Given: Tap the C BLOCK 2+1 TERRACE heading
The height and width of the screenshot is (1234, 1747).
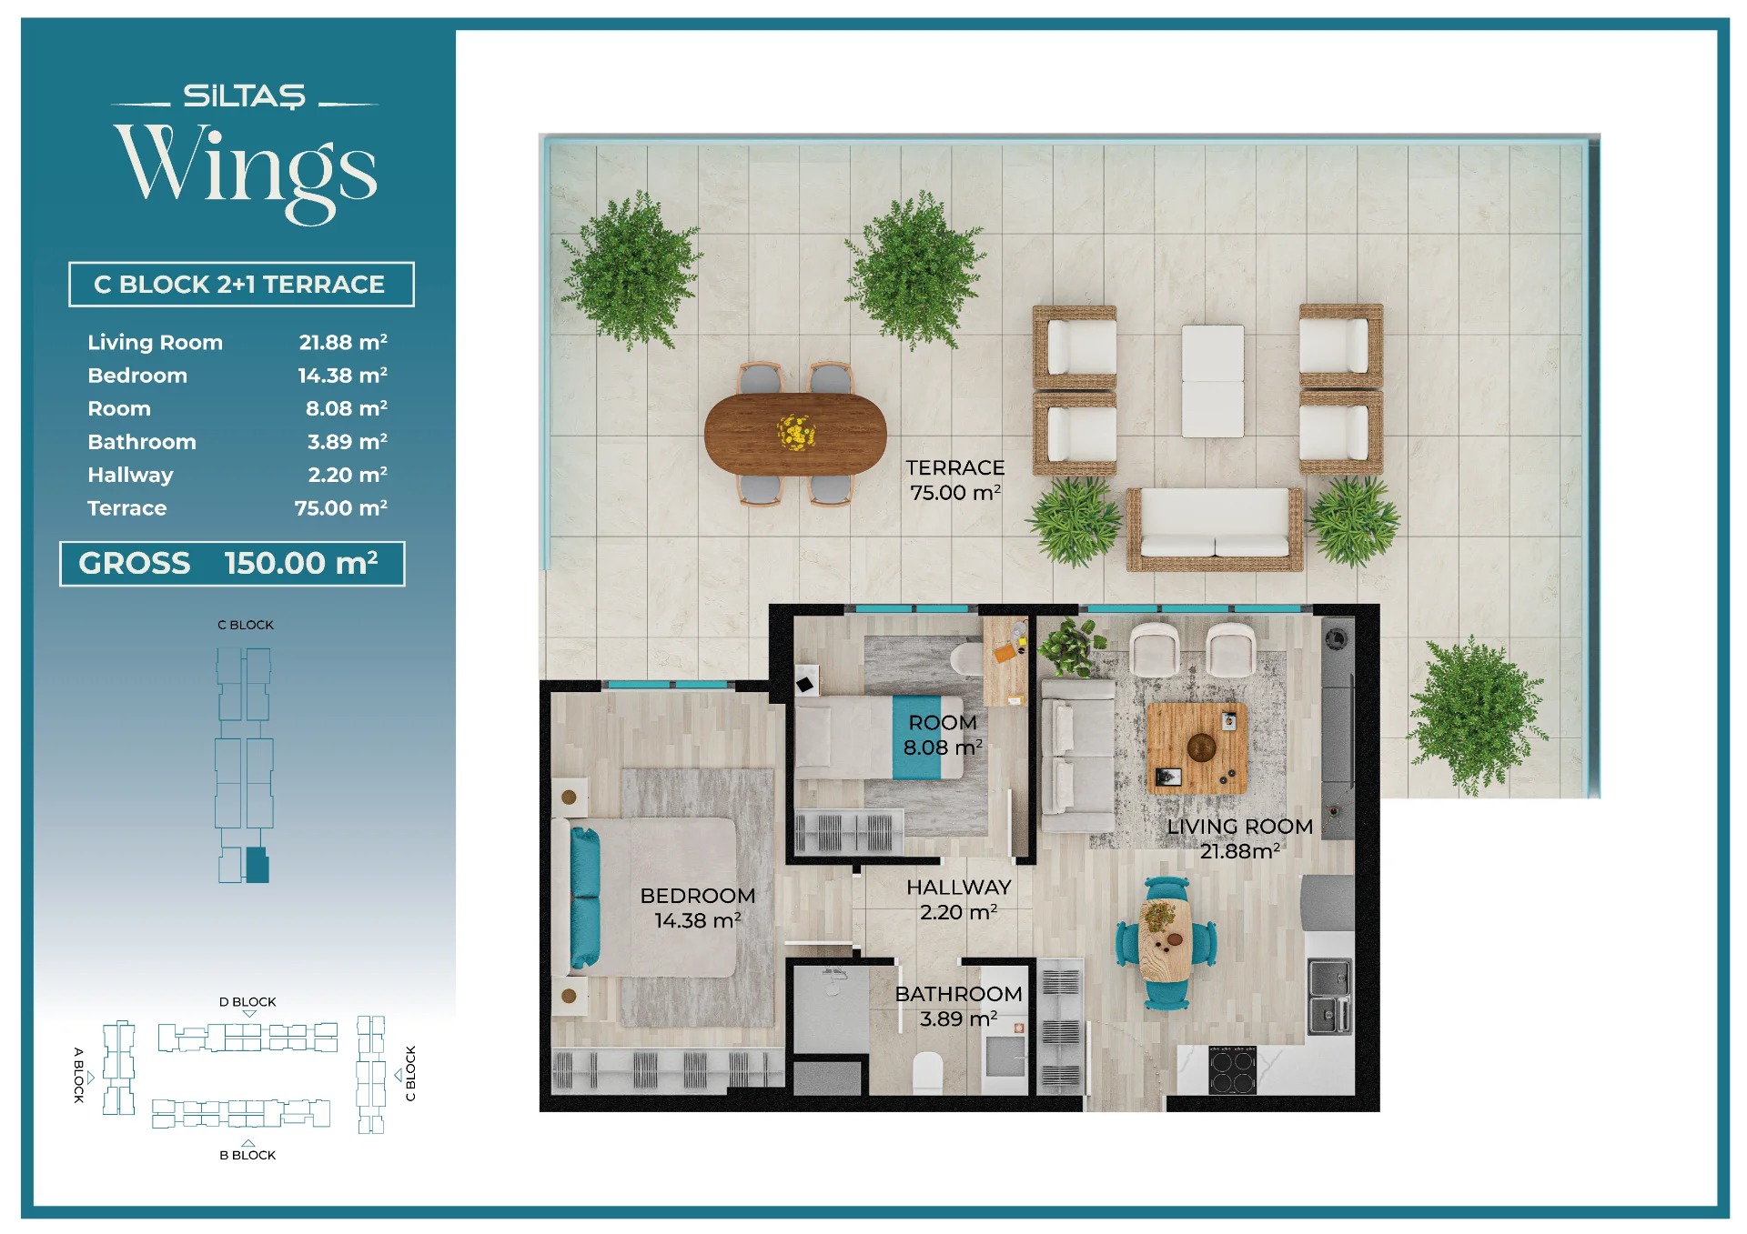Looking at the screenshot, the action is coord(240,285).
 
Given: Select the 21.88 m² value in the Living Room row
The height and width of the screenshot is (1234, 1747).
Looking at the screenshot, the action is coord(343,342).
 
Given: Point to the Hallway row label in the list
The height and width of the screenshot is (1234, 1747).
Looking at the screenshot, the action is coord(130,475).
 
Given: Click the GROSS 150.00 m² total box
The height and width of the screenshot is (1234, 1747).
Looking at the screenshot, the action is coord(232,564).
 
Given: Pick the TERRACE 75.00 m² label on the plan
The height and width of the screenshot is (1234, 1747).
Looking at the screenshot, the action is coord(955,480).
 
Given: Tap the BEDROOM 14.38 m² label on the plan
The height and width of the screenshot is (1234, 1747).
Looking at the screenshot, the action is coord(698,908).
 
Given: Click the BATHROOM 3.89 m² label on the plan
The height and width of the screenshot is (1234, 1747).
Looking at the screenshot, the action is coord(958,1007).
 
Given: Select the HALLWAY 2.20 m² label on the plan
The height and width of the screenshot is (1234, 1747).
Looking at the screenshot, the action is coord(959,899).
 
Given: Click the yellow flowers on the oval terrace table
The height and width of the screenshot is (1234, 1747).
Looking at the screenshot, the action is coord(796,432).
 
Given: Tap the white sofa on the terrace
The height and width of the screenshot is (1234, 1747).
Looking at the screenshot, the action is coord(1215,529).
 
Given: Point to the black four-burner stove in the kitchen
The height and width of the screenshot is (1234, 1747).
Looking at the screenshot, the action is coord(1233,1070).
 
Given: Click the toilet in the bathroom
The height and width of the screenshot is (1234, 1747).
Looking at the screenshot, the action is coord(928,1073).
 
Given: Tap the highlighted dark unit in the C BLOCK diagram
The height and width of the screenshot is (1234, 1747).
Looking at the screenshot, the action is coord(258,866).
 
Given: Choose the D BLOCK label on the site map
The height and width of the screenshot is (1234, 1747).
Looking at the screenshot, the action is coord(247,1002).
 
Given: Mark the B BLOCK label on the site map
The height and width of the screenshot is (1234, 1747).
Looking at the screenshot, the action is coord(247,1155).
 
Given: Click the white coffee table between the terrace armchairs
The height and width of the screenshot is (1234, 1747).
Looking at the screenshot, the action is coord(1213,381).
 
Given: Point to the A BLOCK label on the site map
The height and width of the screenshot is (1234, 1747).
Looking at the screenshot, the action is coord(78,1075).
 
